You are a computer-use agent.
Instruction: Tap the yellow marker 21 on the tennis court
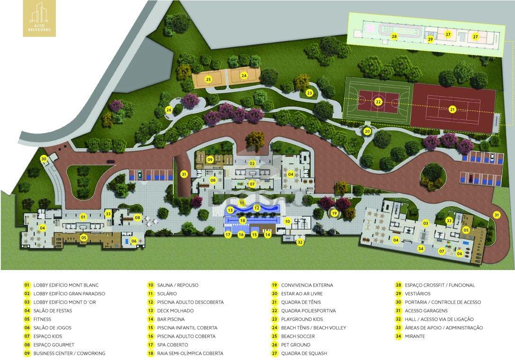point(452,109)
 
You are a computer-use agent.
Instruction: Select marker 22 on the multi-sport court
point(378,101)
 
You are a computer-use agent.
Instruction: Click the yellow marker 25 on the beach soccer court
point(208,80)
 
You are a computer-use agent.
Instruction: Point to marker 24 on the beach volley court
point(244,75)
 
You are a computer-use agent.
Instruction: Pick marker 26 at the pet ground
point(169,110)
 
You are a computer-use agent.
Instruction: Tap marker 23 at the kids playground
point(309,93)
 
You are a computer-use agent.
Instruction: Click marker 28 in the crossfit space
point(394,36)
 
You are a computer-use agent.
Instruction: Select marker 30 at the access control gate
point(44,159)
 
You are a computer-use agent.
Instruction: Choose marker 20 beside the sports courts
point(367,131)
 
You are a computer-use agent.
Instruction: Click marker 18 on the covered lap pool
point(242,220)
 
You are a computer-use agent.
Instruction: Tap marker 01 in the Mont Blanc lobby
point(83,217)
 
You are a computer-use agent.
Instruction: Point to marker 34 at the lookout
point(420,248)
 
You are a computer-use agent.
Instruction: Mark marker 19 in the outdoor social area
point(334,213)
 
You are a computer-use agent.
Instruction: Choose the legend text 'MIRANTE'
point(415,336)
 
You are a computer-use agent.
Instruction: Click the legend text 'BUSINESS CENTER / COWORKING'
point(69,353)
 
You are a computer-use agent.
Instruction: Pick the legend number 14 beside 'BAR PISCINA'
point(151,319)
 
